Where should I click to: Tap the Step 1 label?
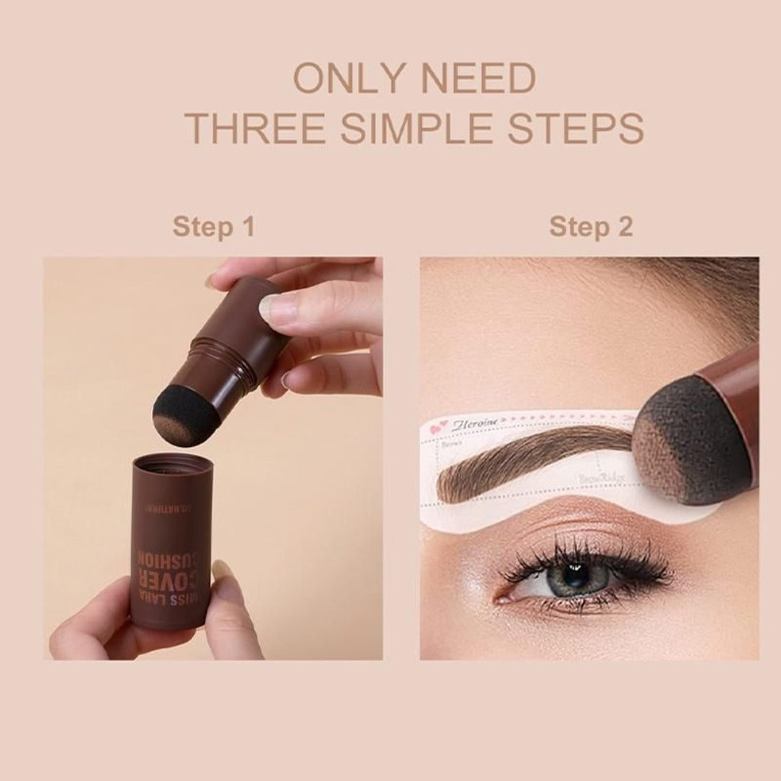coord(213,227)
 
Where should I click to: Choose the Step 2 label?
coord(591,227)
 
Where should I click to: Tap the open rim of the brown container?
coord(172,464)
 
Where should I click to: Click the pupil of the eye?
coord(576,575)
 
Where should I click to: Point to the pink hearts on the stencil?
coord(438,428)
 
